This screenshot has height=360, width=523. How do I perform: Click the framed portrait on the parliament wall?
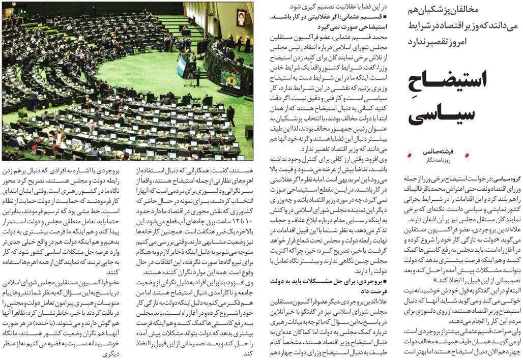pos(241,18)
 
